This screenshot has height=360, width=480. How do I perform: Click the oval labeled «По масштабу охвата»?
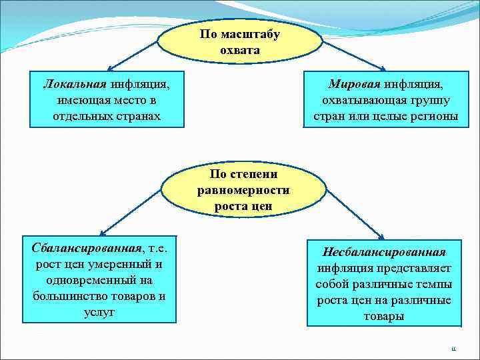pyautogui.click(x=240, y=41)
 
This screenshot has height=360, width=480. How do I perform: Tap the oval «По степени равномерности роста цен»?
pyautogui.click(x=243, y=190)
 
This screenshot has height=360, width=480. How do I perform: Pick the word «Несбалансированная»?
pyautogui.click(x=383, y=253)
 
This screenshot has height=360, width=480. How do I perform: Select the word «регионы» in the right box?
pyautogui.click(x=434, y=116)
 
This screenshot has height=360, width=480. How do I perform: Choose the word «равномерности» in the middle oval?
pyautogui.click(x=243, y=190)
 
